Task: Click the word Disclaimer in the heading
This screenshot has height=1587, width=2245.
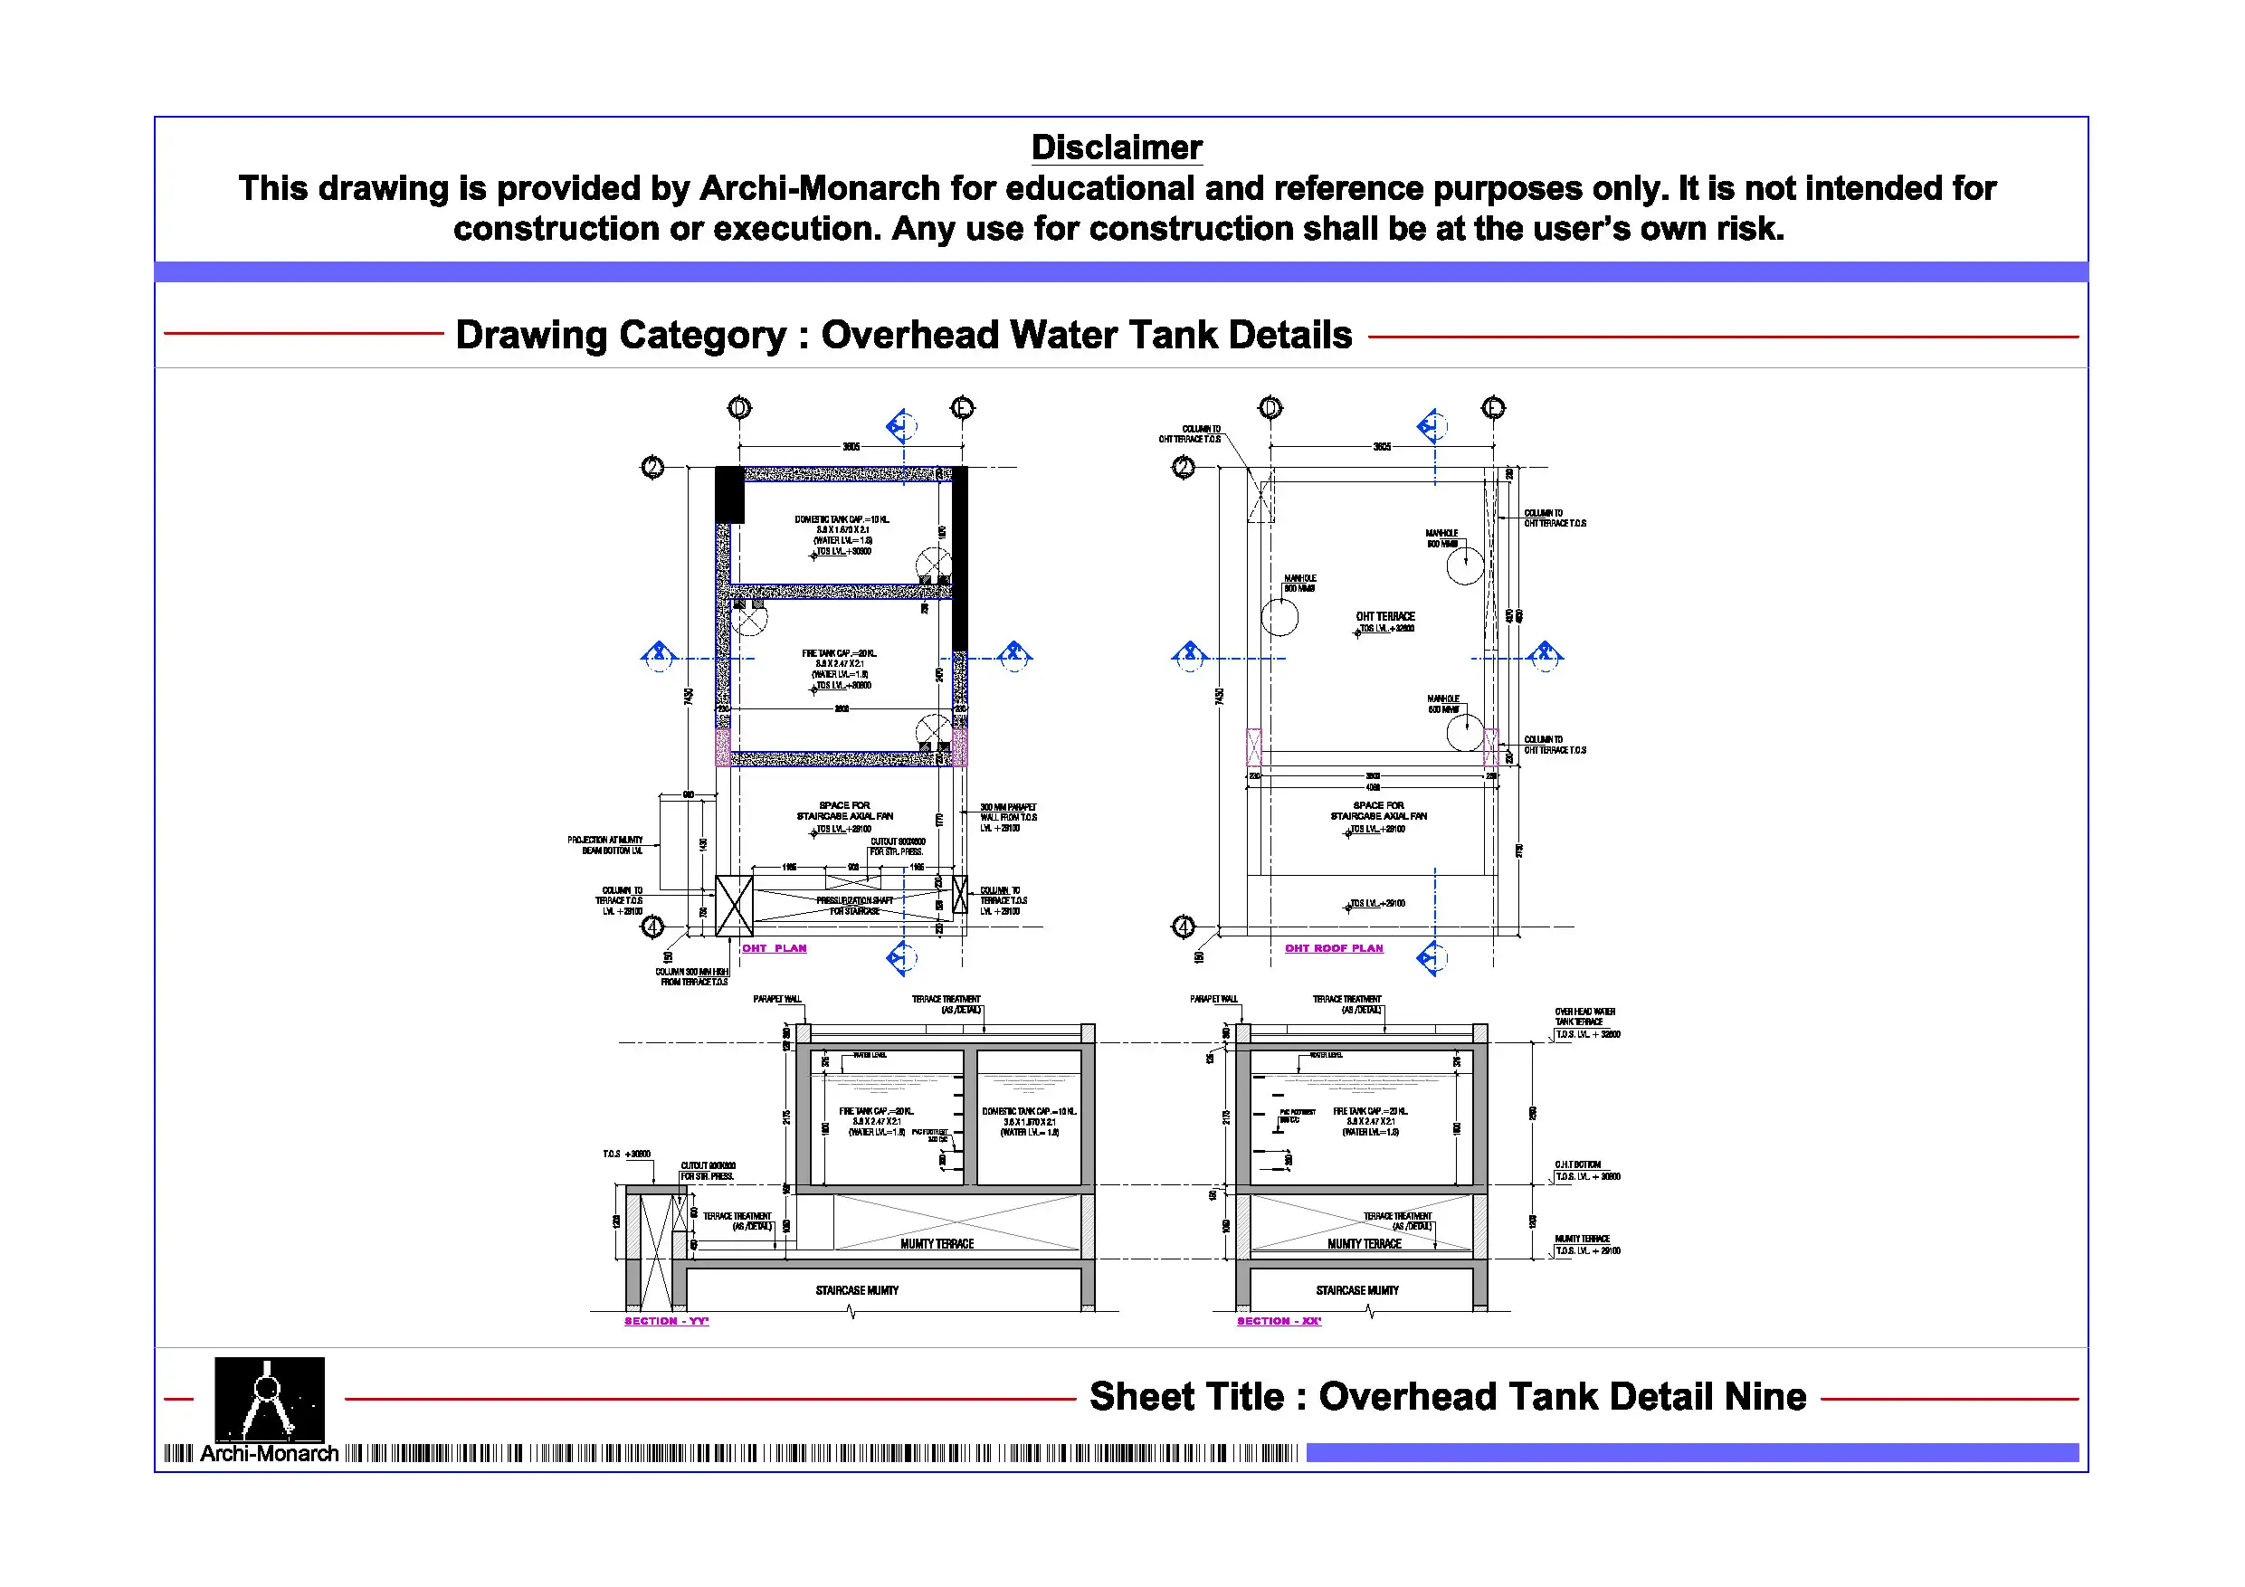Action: point(1116,147)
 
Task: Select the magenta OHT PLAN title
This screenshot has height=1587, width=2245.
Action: point(775,948)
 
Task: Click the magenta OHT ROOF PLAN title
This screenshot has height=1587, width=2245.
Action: point(1334,948)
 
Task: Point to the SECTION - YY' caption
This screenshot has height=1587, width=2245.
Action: point(666,1321)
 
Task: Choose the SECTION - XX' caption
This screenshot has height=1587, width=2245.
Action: point(1278,1321)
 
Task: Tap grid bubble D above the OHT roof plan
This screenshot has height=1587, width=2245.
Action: point(1270,408)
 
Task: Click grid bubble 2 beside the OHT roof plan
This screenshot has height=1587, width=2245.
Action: point(1183,468)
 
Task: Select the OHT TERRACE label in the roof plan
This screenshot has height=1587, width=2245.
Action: point(1384,617)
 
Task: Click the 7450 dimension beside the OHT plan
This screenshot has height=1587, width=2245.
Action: point(689,696)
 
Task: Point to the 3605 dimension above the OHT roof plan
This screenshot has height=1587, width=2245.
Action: point(1382,447)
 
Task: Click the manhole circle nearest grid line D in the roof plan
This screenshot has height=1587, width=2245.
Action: point(1279,617)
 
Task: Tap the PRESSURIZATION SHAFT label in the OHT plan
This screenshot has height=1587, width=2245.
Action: point(854,900)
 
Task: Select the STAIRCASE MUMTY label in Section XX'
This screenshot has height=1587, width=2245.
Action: point(1357,1291)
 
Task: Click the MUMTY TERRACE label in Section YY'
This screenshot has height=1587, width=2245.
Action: point(937,1244)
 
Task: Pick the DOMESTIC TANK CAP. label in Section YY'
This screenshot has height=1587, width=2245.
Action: point(1029,1112)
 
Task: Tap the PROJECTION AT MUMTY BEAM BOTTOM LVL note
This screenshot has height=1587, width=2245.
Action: point(605,845)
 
